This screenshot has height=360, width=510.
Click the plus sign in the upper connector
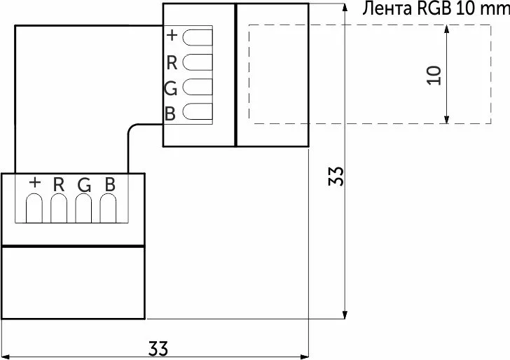tap(172, 35)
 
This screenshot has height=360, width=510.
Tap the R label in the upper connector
tap(172, 63)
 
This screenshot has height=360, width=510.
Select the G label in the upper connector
tap(171, 88)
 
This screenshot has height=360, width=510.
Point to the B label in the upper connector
tap(170, 113)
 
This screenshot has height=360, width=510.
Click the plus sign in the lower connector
tap(35, 182)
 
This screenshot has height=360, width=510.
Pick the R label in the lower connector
tap(59, 184)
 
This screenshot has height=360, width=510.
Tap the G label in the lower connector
tap(84, 185)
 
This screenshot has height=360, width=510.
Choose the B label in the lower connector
tap(110, 184)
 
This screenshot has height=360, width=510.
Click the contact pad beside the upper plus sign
tap(198, 37)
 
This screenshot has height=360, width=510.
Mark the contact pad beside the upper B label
tap(198, 111)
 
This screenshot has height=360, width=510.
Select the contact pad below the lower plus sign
tap(34, 208)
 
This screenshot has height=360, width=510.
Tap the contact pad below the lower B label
tap(108, 208)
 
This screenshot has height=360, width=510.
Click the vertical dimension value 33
tap(336, 176)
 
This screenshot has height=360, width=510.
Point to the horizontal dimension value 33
tap(158, 349)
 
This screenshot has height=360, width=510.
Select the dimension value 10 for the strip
tap(434, 76)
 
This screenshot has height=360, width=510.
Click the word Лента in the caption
tap(387, 8)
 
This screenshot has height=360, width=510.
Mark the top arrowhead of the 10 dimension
tap(446, 29)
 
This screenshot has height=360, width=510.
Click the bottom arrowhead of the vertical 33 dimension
tap(345, 314)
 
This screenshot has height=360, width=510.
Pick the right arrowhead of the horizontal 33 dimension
tap(305, 356)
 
